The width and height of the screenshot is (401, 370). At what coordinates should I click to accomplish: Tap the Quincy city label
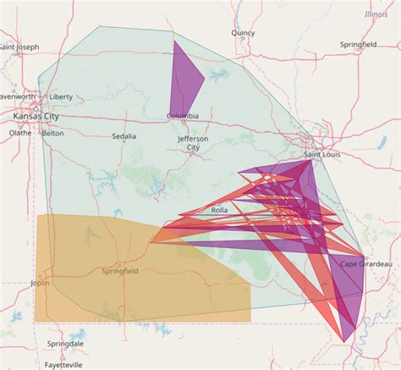pos(243,33)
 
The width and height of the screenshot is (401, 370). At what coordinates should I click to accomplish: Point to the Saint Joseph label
pos(19,47)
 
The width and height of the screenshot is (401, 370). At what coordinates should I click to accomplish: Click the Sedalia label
pos(124,135)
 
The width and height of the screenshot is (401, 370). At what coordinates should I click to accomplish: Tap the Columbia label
pos(183,116)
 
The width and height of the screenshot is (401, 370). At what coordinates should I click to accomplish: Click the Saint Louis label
pos(321,155)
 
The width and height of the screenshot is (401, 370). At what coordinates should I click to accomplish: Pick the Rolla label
pos(218,210)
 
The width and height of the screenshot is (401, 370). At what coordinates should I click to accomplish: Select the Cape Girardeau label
pos(365,264)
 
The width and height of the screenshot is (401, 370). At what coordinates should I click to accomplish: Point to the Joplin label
pos(40,284)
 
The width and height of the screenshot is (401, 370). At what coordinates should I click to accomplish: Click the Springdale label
pos(65,345)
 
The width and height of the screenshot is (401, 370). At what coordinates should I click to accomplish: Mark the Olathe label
pos(19,133)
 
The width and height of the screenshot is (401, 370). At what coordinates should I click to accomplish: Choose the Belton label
pos(52,133)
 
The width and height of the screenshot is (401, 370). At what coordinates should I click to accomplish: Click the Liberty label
pos(61,97)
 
